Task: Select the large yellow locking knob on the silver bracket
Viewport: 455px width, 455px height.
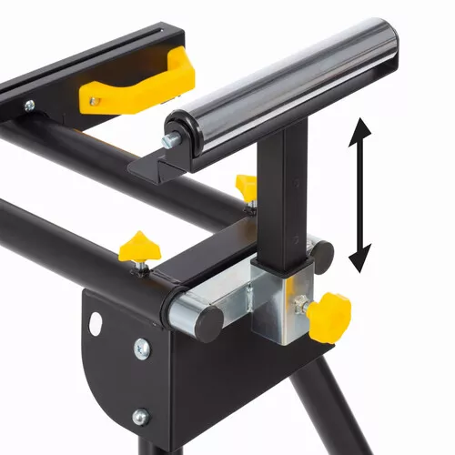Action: click(329, 316)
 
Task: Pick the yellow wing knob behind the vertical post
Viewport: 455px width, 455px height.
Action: click(246, 186)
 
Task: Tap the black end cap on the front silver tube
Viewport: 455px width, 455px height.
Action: click(207, 322)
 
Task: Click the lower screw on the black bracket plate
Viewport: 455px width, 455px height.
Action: click(139, 417)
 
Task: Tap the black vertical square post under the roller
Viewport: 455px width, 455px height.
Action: click(285, 200)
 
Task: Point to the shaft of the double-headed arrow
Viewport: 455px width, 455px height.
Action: click(362, 197)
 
